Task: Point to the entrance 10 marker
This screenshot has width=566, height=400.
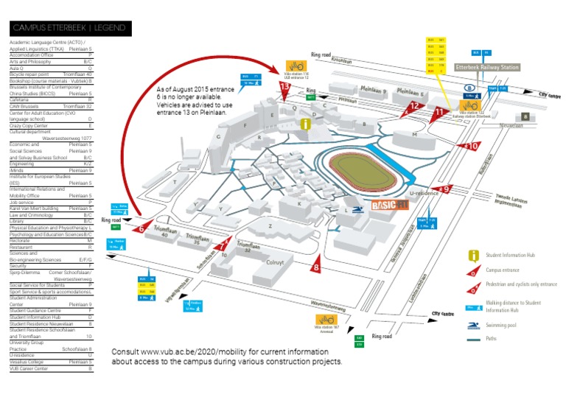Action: (x=470, y=147)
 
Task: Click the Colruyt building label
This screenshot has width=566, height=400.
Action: (x=274, y=262)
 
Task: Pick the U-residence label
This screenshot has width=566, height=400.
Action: (x=424, y=193)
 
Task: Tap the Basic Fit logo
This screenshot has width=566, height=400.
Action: (x=389, y=205)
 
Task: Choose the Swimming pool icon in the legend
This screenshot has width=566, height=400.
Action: (x=471, y=325)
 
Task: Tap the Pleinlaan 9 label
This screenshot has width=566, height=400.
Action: (x=373, y=91)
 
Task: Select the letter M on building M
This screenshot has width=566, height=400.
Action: (x=416, y=135)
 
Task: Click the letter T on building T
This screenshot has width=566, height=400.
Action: (x=174, y=181)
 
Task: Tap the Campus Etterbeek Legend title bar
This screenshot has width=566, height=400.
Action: (x=70, y=28)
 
